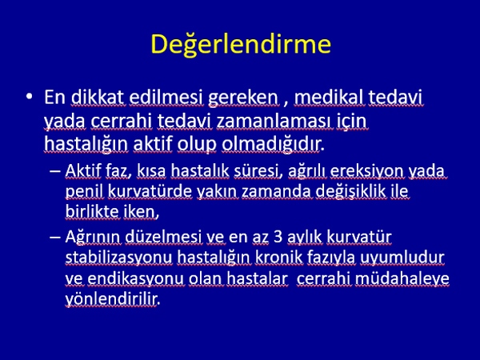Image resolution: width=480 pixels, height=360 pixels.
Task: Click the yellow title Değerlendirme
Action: (241, 44)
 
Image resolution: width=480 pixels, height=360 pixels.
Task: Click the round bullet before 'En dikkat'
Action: (29, 97)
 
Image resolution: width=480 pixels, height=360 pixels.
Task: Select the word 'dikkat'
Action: (98, 98)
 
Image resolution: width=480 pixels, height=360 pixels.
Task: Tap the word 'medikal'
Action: (330, 98)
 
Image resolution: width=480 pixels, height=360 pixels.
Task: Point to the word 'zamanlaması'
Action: (274, 121)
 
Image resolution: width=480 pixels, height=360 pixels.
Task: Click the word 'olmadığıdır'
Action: (271, 144)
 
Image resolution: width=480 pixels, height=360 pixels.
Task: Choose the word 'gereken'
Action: (243, 98)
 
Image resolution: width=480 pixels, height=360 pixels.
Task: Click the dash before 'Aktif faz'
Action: (54, 171)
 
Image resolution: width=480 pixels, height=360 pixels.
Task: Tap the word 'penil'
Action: (84, 192)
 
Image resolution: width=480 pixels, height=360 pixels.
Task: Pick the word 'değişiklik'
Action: (350, 192)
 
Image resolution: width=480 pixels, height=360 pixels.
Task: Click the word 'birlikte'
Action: (92, 211)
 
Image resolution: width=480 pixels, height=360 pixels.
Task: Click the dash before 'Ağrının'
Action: (54, 237)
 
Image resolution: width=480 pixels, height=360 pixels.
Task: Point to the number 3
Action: (278, 237)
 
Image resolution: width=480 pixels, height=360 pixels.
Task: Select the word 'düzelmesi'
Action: (163, 237)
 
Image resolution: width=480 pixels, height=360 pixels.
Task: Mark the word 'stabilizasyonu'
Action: (119, 258)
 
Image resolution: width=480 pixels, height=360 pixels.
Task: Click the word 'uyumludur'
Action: (402, 258)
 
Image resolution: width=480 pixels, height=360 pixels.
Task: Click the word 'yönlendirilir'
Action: (112, 299)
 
